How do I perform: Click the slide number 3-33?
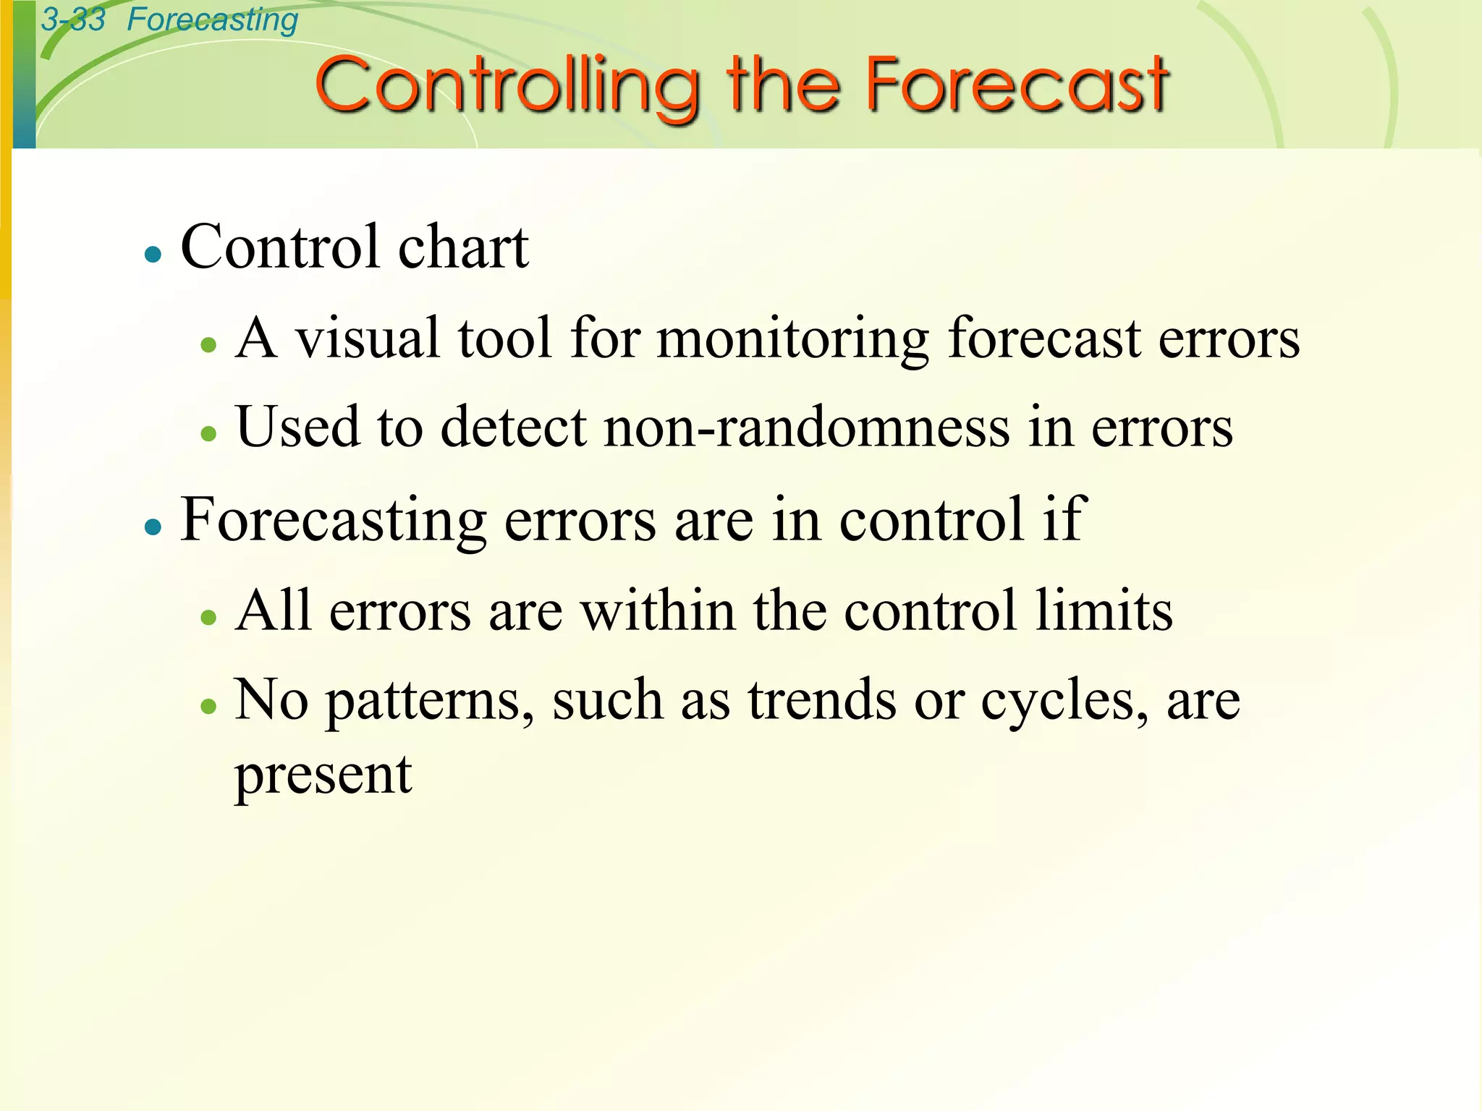coord(73,20)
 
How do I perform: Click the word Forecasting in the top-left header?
coord(212,20)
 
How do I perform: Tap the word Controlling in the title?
coord(507,86)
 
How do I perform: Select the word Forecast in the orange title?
coord(1017,86)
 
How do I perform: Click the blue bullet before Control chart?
coord(153,255)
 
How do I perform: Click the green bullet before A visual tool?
coord(209,345)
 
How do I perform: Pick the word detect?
coord(514,427)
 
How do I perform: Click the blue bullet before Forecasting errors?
coord(153,527)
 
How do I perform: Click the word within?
coord(659,610)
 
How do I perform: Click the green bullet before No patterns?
coord(209,706)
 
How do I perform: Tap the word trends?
coord(822,700)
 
